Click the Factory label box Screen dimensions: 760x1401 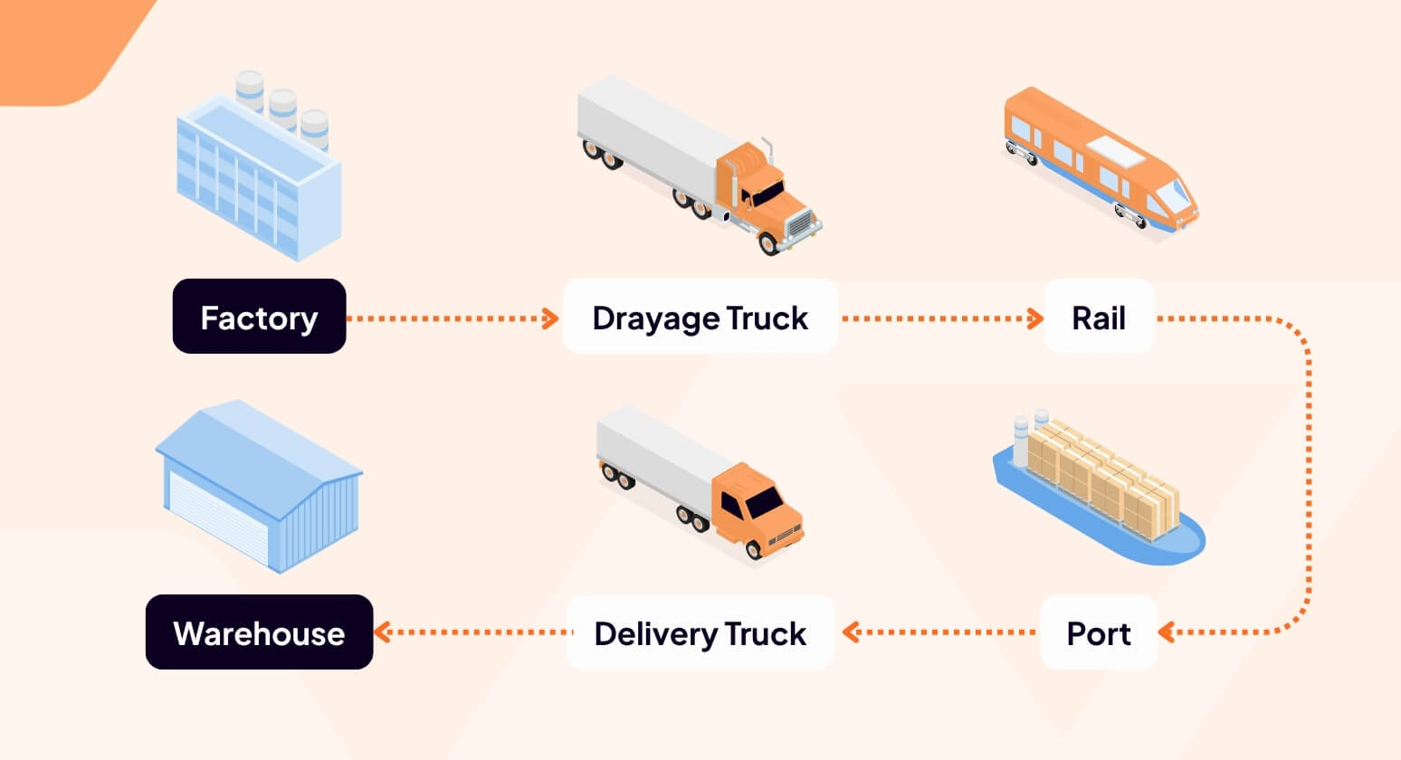coord(259,317)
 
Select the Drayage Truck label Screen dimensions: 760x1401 coord(700,317)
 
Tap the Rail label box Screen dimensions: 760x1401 coord(1098,317)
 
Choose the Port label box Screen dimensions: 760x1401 coord(1098,632)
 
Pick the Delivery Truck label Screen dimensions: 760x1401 coord(700,632)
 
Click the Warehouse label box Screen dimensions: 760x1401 coord(259,632)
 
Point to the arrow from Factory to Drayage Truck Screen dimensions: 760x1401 coord(453,318)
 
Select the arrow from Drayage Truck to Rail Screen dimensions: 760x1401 coord(941,318)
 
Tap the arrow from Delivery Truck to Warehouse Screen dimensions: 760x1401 coord(471,632)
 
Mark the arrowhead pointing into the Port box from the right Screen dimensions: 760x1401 coord(1167,632)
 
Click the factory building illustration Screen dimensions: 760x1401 coord(258,172)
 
